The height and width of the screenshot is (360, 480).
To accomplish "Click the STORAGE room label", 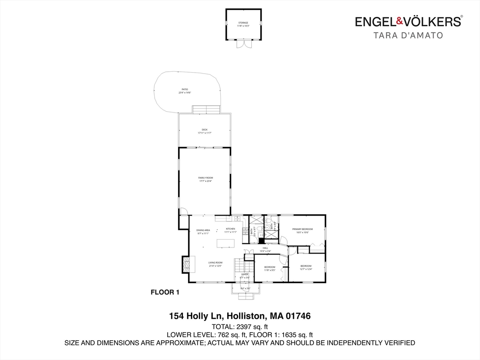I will coord(243,23).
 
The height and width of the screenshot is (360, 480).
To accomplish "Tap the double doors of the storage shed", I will coord(243,43).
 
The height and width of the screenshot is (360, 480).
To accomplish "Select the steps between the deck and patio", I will coord(205,110).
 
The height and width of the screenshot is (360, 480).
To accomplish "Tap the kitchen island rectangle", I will coord(225,243).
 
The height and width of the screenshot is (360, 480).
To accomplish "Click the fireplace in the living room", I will coord(188,264).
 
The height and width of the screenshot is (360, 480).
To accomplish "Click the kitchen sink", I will coord(237,218).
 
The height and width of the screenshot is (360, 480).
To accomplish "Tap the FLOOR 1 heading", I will coord(165,292).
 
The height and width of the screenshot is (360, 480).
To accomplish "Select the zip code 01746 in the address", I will coord(298,316).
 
